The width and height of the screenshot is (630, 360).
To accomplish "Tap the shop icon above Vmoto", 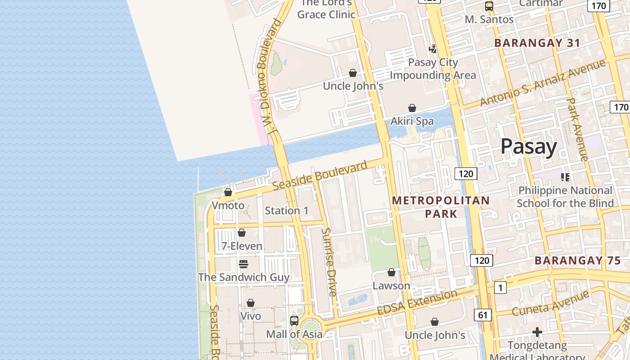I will click(228, 192).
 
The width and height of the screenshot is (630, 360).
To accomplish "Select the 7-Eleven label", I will click(242, 246).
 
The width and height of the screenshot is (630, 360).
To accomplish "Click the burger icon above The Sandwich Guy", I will click(243, 264).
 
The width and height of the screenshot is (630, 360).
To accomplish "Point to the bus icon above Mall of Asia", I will click(294, 321).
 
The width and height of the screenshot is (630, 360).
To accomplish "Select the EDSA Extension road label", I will click(417, 303).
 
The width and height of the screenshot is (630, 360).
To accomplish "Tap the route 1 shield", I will click(500, 287).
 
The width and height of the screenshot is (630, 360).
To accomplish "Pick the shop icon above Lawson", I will click(391, 272).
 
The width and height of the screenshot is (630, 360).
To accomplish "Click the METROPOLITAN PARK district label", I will click(441, 207).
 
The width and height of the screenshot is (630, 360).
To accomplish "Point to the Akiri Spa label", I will click(412, 121).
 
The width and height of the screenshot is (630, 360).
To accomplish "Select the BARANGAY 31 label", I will click(537, 43).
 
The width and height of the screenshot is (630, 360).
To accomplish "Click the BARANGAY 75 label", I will click(577, 261).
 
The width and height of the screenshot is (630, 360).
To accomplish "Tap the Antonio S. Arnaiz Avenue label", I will click(542, 83).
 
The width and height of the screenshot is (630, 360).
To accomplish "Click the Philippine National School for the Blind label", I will click(565, 197).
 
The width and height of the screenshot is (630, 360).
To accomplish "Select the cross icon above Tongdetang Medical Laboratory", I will click(537, 332).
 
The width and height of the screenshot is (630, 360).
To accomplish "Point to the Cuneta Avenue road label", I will click(550, 304).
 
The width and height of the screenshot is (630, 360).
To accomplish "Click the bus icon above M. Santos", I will click(489, 6).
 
